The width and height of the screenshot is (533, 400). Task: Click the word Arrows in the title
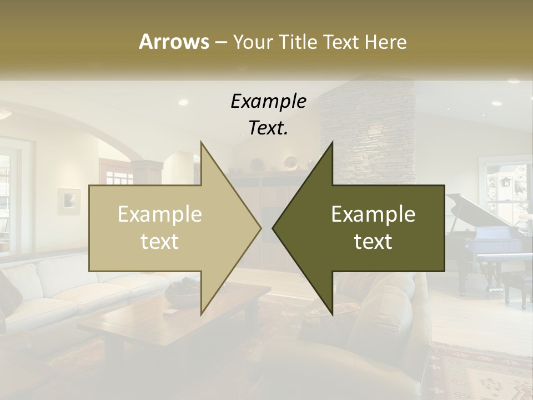174,42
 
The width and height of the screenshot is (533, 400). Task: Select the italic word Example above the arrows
268,101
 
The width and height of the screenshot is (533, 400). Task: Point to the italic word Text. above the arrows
268,128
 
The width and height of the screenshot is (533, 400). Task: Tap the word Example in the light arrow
160,214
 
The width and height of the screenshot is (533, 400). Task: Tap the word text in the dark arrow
373,242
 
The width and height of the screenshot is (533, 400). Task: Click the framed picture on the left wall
69,201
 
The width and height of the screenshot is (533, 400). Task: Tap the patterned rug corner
483,372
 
